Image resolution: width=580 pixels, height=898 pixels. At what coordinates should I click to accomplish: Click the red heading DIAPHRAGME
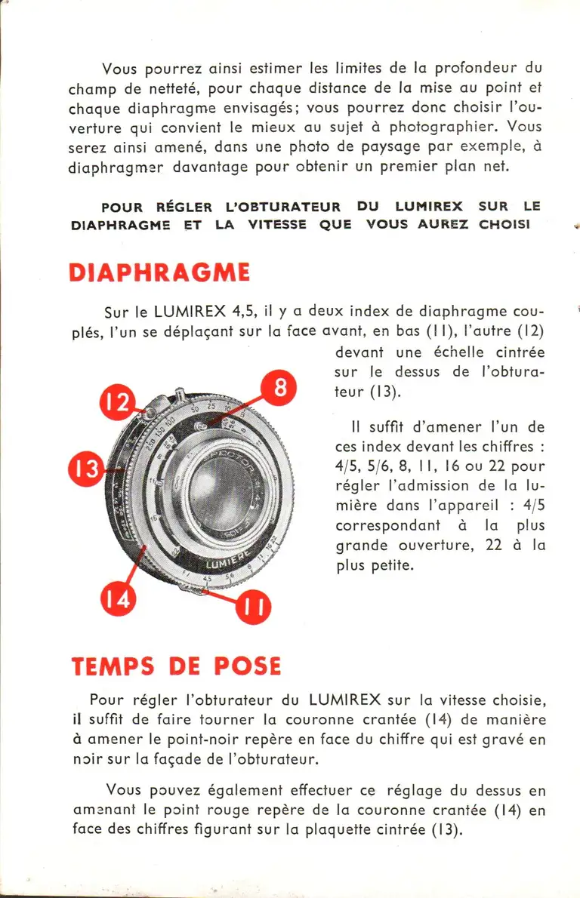[159, 272]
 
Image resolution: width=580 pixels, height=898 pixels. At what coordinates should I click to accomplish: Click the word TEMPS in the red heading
[113, 666]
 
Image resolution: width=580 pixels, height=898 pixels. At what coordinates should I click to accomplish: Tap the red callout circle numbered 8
[279, 389]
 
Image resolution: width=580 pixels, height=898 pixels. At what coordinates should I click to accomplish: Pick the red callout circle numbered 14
[119, 601]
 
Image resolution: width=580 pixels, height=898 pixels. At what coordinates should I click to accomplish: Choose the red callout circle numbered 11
[254, 609]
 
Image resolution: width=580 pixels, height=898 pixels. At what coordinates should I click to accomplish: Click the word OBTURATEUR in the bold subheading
[282, 207]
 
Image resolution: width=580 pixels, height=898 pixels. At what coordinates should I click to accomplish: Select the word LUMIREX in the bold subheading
[430, 207]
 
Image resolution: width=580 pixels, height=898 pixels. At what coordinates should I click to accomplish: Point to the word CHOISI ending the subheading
[504, 225]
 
